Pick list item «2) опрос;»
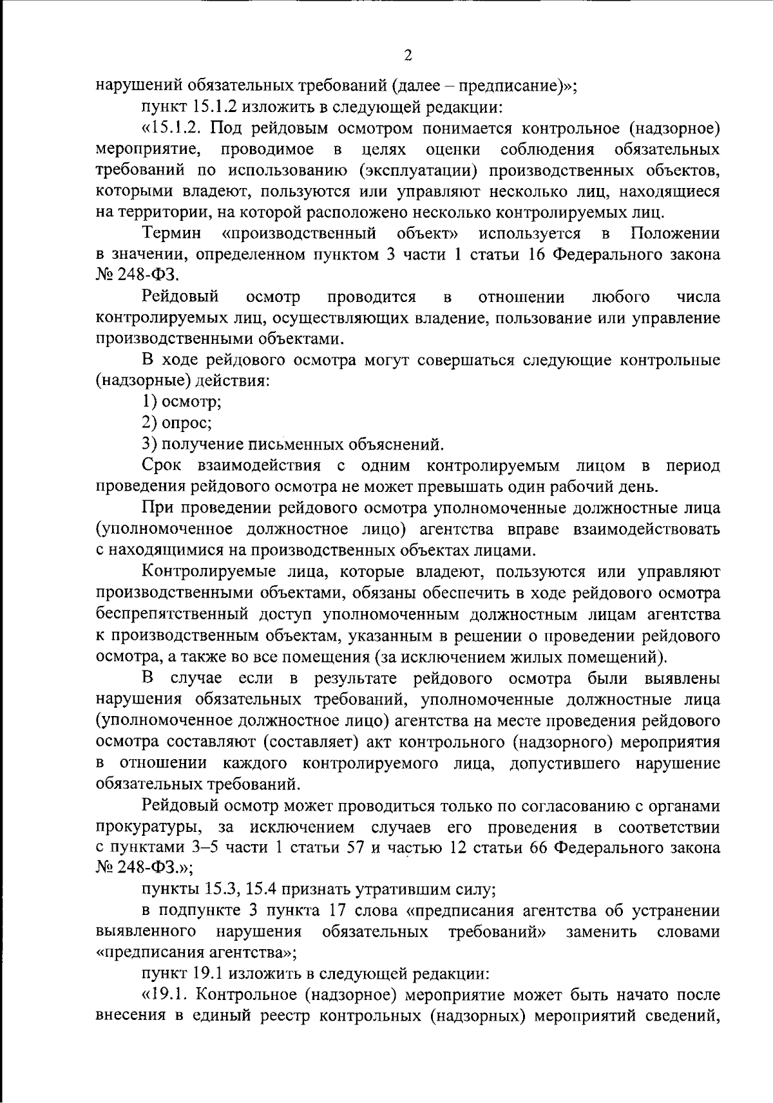177,423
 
